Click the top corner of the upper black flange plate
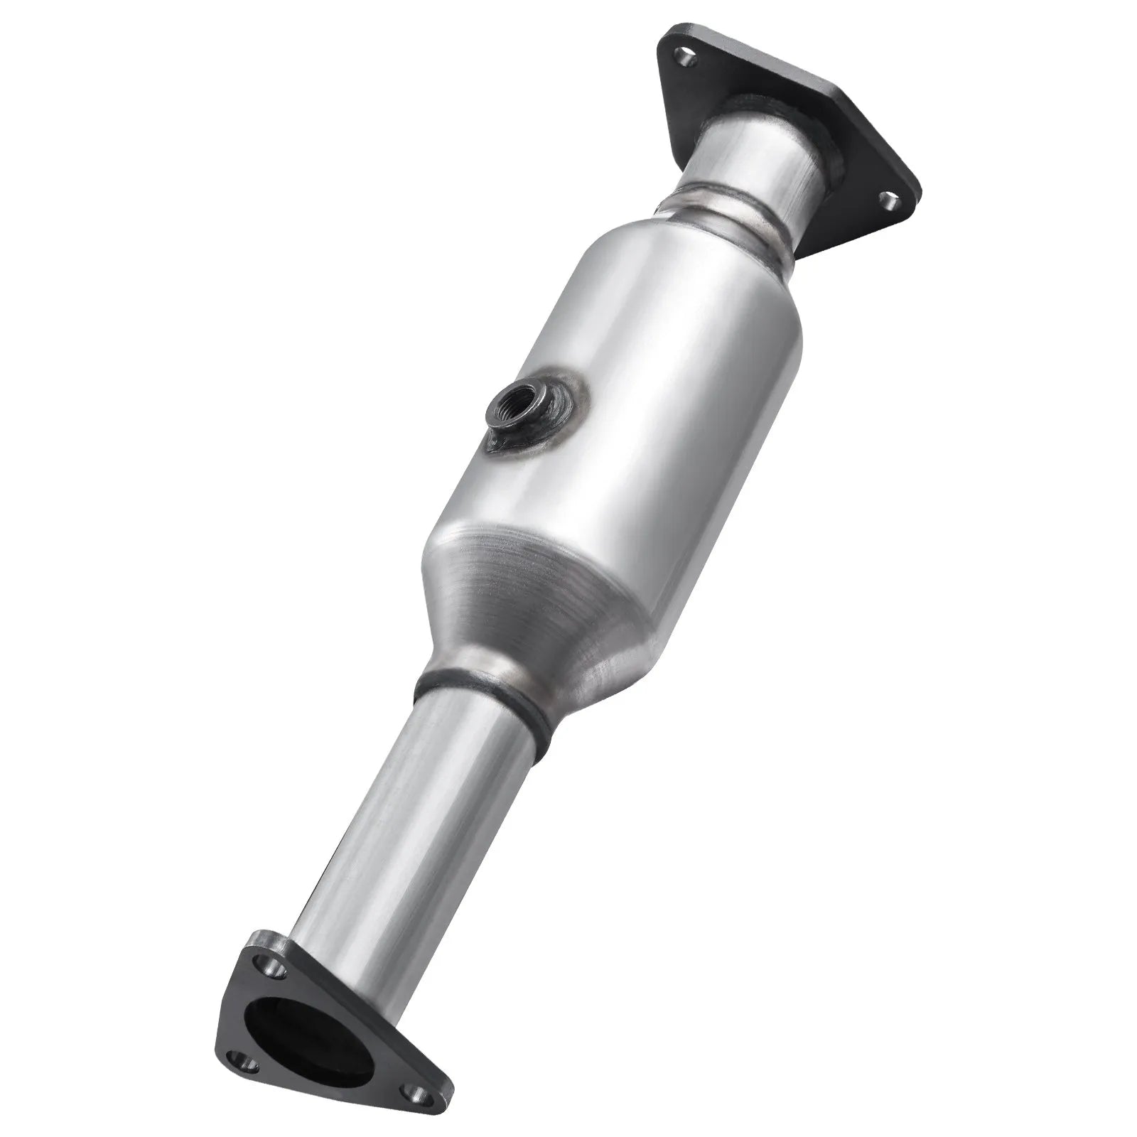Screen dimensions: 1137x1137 (672, 32)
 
